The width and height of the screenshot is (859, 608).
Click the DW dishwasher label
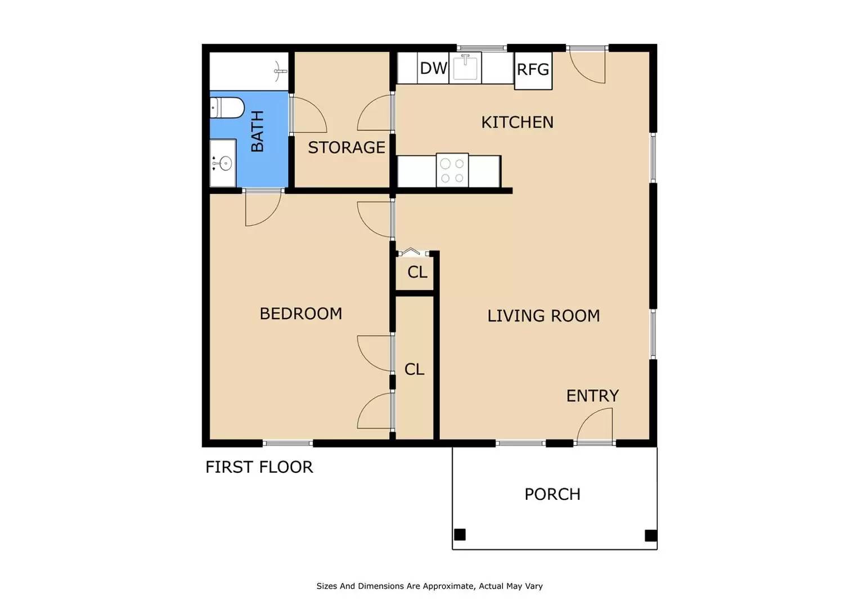[433, 68]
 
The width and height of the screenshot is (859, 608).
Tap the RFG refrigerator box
[533, 70]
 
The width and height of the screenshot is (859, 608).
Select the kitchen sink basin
[465, 67]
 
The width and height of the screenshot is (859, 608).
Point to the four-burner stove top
[452, 170]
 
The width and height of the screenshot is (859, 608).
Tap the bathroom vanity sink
[223, 164]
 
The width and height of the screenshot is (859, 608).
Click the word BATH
[257, 131]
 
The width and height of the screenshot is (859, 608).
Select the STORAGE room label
[346, 147]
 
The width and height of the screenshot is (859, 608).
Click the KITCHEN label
[517, 122]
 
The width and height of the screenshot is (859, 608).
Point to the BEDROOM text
[300, 314]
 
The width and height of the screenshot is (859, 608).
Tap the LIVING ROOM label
[543, 316]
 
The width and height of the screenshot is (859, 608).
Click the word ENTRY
[592, 396]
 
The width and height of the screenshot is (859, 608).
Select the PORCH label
[552, 494]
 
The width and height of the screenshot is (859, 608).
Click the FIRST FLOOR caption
[259, 467]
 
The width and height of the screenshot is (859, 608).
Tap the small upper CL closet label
[417, 272]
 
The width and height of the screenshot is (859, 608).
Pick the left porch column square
[460, 534]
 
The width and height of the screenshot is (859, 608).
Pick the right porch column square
[650, 535]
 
